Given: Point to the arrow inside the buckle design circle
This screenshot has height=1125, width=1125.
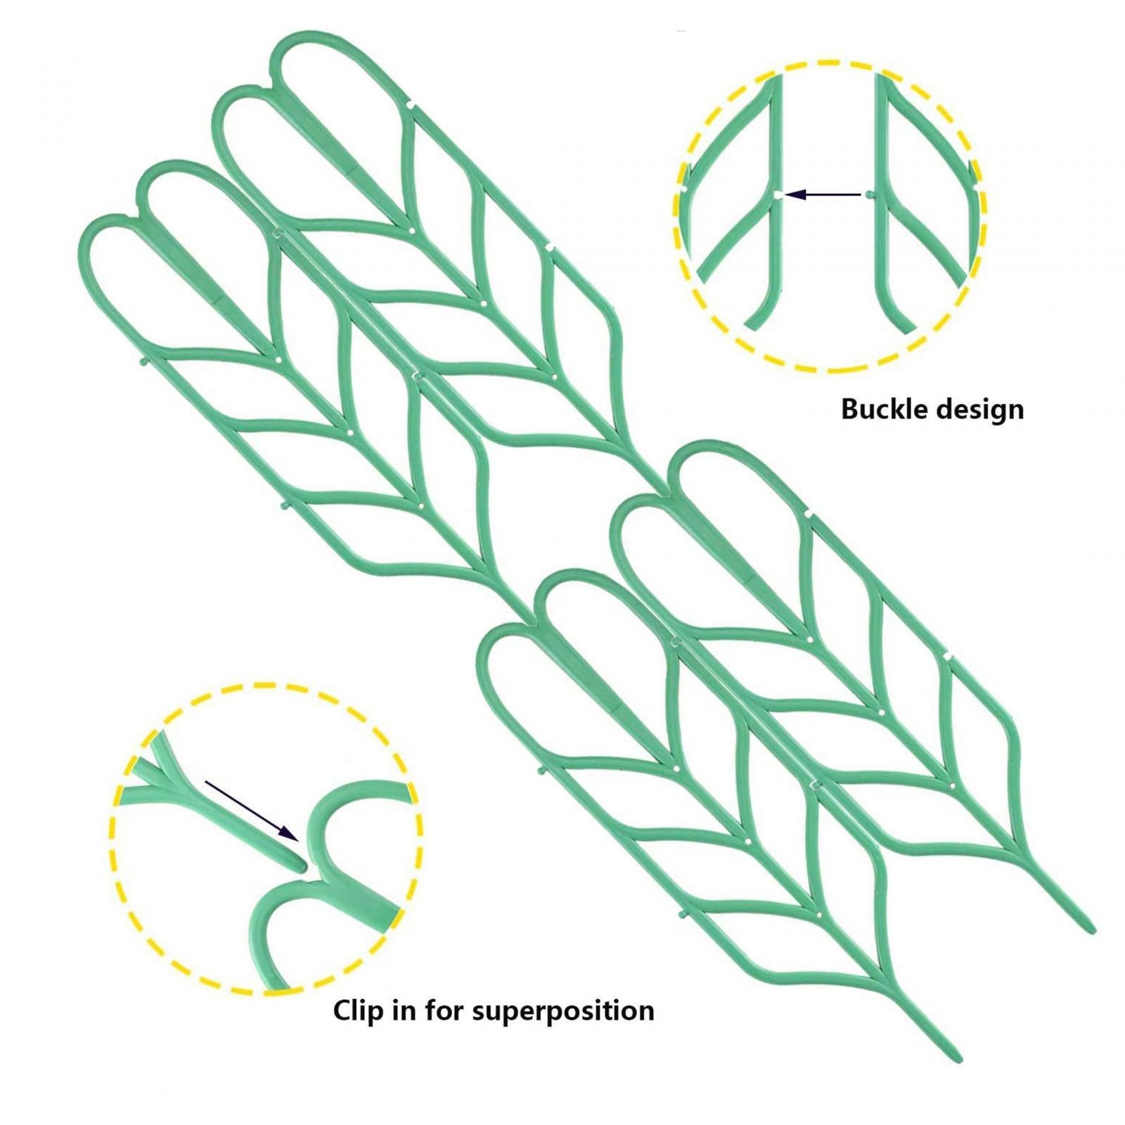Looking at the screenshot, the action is coord(822,194).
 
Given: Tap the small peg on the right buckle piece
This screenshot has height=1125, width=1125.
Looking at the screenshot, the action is coord(870,194).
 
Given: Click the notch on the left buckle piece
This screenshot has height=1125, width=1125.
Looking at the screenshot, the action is coord(777,195).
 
